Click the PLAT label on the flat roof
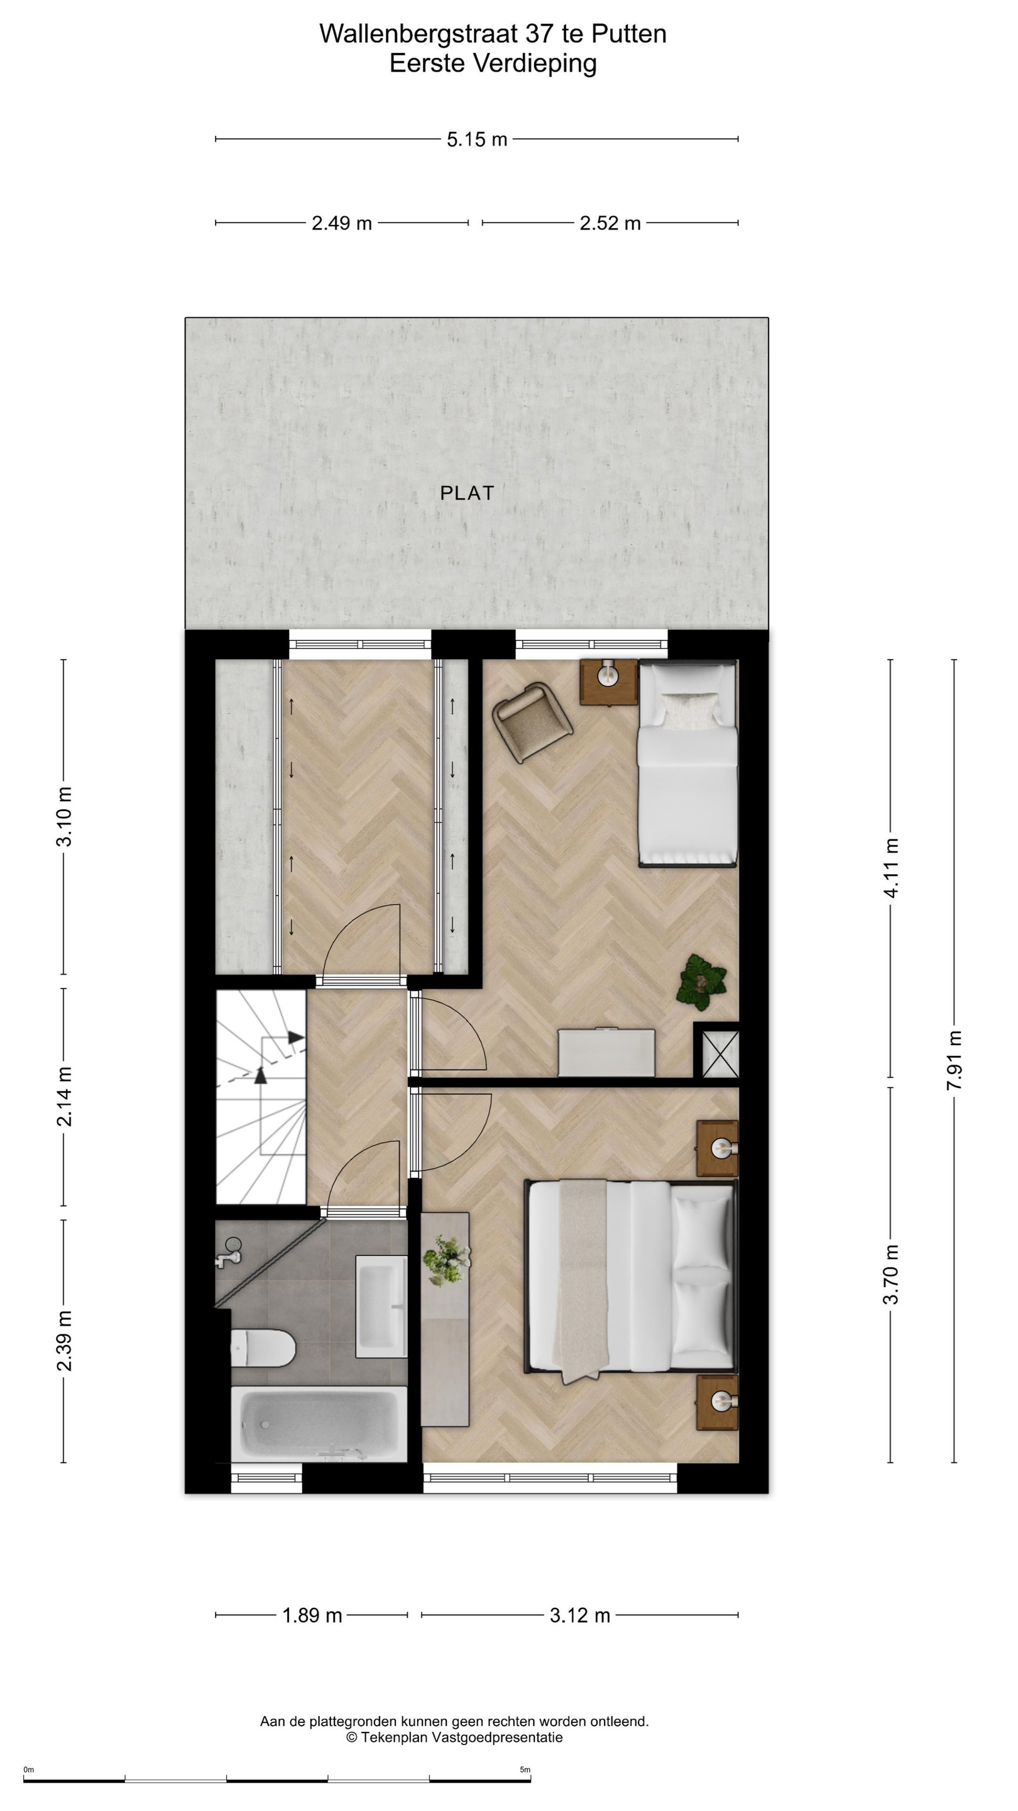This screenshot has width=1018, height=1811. (x=467, y=493)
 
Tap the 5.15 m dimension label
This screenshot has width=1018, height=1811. (x=477, y=139)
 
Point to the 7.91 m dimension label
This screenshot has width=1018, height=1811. (x=953, y=1060)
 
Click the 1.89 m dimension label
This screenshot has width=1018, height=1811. (x=312, y=1615)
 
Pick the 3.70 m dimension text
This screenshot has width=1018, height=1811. (x=890, y=1274)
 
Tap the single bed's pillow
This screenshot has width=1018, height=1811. (x=689, y=710)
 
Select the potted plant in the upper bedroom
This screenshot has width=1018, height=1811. (x=701, y=982)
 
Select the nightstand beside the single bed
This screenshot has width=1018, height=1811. (x=608, y=682)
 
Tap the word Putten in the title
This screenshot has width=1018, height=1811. (x=629, y=34)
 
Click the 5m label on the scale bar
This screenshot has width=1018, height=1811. (x=525, y=1769)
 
